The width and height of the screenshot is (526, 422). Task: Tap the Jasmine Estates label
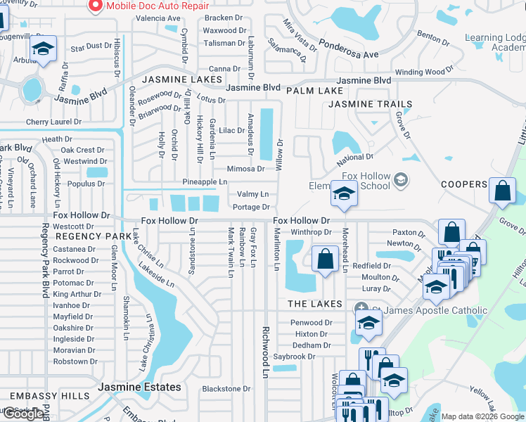[139, 387]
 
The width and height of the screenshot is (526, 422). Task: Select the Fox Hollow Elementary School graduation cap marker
[343, 194]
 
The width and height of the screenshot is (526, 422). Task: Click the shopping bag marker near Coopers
[501, 191]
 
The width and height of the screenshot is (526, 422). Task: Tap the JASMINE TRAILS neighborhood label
[370, 104]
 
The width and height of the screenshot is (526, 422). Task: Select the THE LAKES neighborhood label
[314, 304]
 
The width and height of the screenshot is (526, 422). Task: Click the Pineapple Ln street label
[204, 181]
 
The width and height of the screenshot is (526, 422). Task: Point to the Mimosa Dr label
[245, 169]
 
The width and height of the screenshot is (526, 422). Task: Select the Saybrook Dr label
[294, 357]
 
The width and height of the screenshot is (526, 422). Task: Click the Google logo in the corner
[23, 414]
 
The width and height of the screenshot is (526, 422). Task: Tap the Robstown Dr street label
[70, 362]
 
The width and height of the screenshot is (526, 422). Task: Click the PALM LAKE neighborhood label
[314, 91]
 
